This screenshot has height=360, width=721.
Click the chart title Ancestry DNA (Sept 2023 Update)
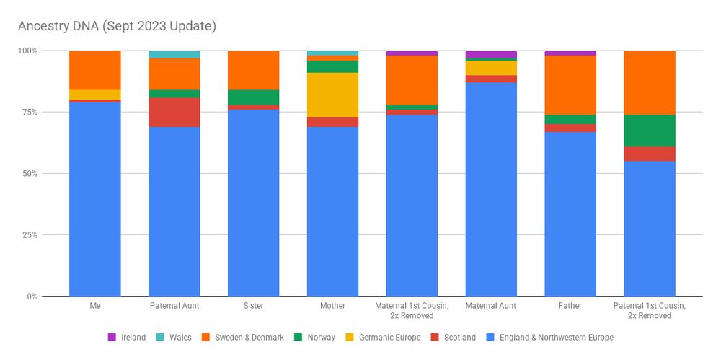pos(117,26)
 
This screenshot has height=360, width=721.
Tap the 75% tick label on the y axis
pos(28,112)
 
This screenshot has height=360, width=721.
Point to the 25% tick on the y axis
pos(28,235)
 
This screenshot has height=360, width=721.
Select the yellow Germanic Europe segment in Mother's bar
pos(332,95)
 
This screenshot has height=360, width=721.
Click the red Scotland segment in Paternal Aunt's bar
pos(174,112)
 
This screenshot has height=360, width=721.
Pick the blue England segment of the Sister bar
pos(253,203)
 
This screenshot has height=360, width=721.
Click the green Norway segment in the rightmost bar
pos(650,131)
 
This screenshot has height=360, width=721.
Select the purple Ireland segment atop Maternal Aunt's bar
pos(491,54)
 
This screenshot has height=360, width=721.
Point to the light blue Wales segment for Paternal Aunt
pos(174,54)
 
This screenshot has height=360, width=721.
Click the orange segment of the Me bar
pos(94,70)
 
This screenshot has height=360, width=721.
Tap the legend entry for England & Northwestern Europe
pos(551,337)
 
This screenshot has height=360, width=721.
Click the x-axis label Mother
pos(332,306)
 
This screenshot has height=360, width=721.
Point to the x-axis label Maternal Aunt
pos(491,306)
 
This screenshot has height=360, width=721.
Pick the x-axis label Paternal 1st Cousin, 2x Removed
pos(650,311)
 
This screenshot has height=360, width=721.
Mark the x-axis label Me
pos(94,306)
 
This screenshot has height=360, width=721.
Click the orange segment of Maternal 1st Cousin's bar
pos(412,79)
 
